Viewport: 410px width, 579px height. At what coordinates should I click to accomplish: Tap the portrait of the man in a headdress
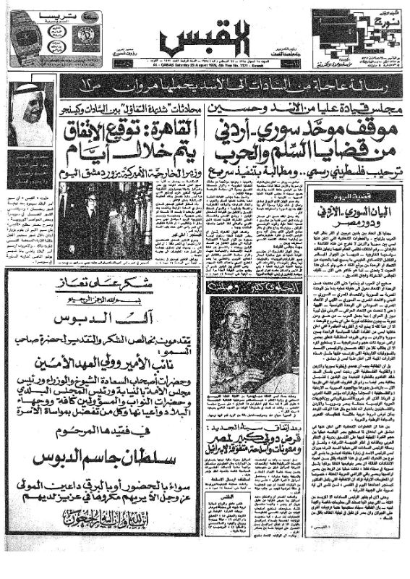pyautogui.click(x=31, y=114)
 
